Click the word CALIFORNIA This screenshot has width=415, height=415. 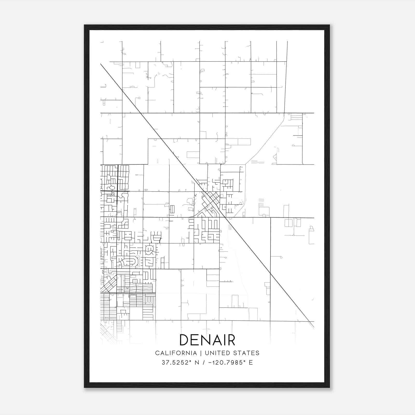pos(176,353)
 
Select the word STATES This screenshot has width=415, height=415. pos(248,353)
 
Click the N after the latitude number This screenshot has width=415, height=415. pos(197,363)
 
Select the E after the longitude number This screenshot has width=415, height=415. pos(251,363)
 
